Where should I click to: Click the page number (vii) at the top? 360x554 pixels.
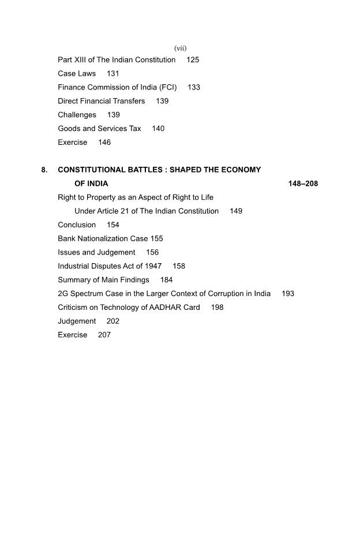[x=180, y=47]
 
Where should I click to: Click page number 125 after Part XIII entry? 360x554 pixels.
[x=193, y=60]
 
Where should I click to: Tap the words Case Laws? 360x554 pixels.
[x=77, y=74]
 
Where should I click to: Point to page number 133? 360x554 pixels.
[x=194, y=88]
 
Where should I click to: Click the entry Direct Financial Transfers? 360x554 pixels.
[x=101, y=101]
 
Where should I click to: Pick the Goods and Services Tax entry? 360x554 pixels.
[x=99, y=129]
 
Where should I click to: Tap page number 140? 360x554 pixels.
[x=158, y=129]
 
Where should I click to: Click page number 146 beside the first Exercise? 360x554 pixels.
[x=104, y=143]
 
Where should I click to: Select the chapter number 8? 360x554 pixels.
[x=44, y=170]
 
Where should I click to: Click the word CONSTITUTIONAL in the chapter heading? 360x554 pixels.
[x=95, y=170]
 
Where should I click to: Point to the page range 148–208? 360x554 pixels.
[x=303, y=184]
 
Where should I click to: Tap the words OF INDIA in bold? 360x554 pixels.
[x=91, y=184]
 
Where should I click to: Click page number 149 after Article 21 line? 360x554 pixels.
[x=236, y=211]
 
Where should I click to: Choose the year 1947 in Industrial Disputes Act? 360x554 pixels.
[x=152, y=266]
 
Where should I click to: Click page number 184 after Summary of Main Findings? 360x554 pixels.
[x=167, y=280]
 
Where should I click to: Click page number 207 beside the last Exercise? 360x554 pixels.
[x=104, y=335]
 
